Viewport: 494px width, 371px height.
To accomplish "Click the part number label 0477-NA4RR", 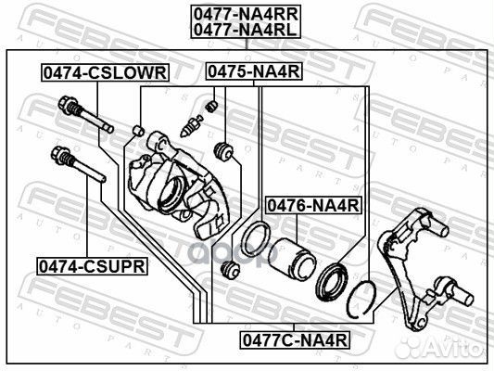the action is pyautogui.click(x=246, y=14).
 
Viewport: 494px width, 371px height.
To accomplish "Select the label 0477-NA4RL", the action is pyautogui.click(x=245, y=30).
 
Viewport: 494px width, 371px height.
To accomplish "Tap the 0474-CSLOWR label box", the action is pyautogui.click(x=106, y=73).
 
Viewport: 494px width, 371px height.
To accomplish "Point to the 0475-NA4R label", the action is pyautogui.click(x=254, y=71).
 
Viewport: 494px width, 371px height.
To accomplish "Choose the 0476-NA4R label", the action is pyautogui.click(x=313, y=206).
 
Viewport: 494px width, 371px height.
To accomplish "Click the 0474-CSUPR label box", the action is pyautogui.click(x=92, y=266).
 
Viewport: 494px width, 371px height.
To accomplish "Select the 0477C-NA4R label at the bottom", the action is pyautogui.click(x=295, y=340).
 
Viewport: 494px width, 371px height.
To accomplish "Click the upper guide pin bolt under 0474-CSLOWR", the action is pyautogui.click(x=85, y=114).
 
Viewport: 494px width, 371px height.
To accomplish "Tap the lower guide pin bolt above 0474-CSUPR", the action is pyautogui.click(x=78, y=164).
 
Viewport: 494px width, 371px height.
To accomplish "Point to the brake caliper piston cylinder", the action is pyautogui.click(x=292, y=259).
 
